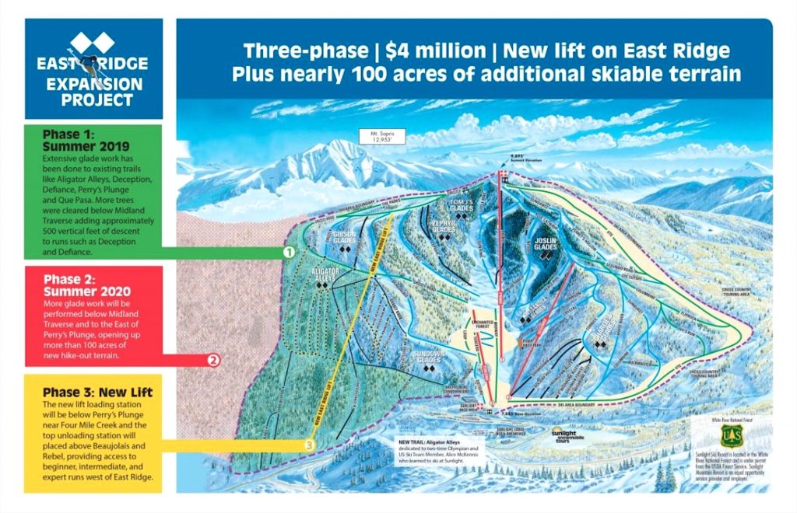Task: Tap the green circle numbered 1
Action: coord(288,253)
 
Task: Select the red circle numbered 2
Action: coord(213,360)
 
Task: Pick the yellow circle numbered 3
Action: coord(309,445)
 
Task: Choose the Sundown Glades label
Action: coord(427,361)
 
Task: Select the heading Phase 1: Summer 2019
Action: coord(78,140)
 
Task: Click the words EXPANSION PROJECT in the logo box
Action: coord(93,92)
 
